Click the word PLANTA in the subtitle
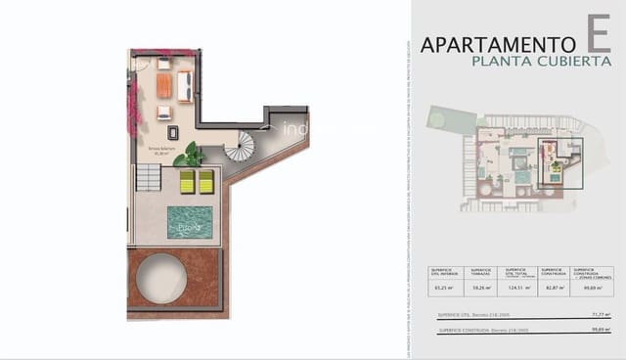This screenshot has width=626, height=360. [x=498, y=61]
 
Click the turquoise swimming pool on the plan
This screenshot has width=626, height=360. [x=189, y=222]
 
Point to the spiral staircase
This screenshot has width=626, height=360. [x=239, y=147]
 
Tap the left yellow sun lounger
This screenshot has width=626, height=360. [x=188, y=182]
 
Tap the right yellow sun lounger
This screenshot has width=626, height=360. [x=206, y=182]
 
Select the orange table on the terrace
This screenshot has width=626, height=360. [x=164, y=86]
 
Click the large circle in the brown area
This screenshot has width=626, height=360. [x=162, y=277]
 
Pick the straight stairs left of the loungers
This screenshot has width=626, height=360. [x=148, y=177]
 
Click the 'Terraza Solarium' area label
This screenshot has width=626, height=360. [x=161, y=150]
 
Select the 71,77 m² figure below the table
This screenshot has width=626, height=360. [x=602, y=315]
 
